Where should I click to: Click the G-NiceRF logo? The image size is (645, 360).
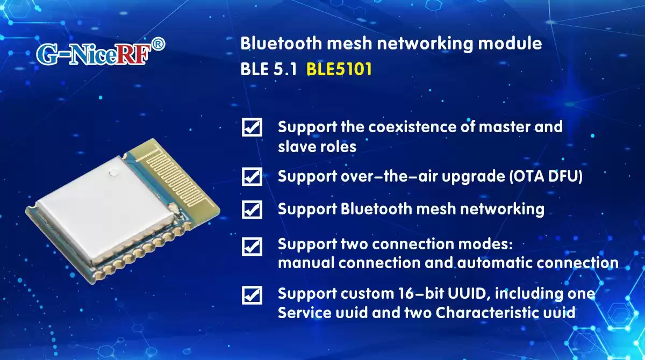[x=91, y=54]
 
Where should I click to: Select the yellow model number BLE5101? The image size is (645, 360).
[x=339, y=70]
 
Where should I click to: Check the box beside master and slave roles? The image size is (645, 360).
[x=252, y=127]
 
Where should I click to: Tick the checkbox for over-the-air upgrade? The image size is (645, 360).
[x=252, y=176]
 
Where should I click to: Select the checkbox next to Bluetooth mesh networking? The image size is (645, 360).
[x=252, y=209]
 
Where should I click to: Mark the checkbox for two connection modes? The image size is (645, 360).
[x=252, y=246]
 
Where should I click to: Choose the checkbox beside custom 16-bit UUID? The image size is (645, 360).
[x=252, y=295]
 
